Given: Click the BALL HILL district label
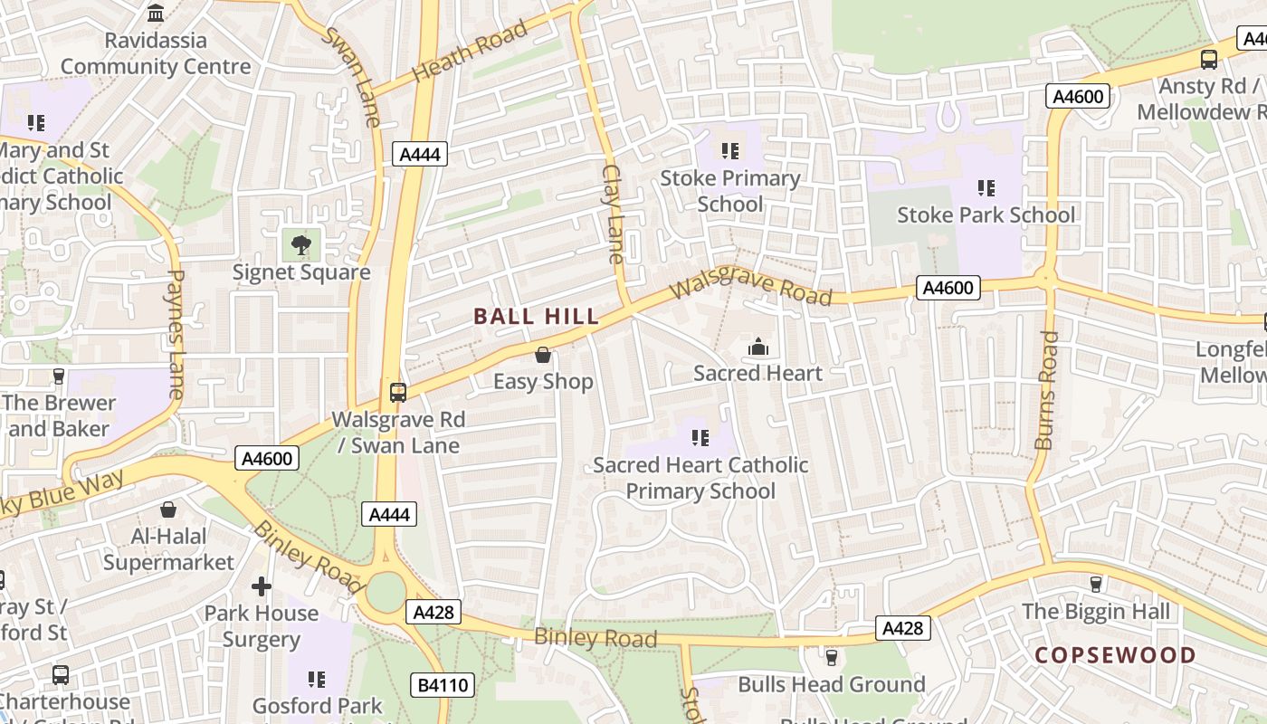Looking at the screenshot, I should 537,316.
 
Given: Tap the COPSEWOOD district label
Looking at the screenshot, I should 1115,654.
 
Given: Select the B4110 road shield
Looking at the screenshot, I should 443,685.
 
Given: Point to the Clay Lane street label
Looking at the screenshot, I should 614,214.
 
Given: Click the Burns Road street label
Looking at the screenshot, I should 1046,390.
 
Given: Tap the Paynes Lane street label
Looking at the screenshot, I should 175,334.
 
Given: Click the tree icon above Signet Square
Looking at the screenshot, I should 301,243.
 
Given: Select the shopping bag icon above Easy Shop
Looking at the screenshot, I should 543,355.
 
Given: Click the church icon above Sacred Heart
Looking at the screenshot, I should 757,347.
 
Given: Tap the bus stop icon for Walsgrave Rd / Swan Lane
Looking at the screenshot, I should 398,392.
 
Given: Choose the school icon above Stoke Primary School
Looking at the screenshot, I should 730,150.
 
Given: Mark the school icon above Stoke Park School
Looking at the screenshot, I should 986,187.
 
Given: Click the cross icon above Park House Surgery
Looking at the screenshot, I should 262,586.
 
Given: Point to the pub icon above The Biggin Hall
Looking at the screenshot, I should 1096,584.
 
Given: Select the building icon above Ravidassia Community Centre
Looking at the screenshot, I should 156,14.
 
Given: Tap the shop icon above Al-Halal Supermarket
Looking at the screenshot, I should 168,510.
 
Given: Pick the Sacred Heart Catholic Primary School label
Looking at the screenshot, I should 700,478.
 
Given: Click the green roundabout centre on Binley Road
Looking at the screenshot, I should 386,593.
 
